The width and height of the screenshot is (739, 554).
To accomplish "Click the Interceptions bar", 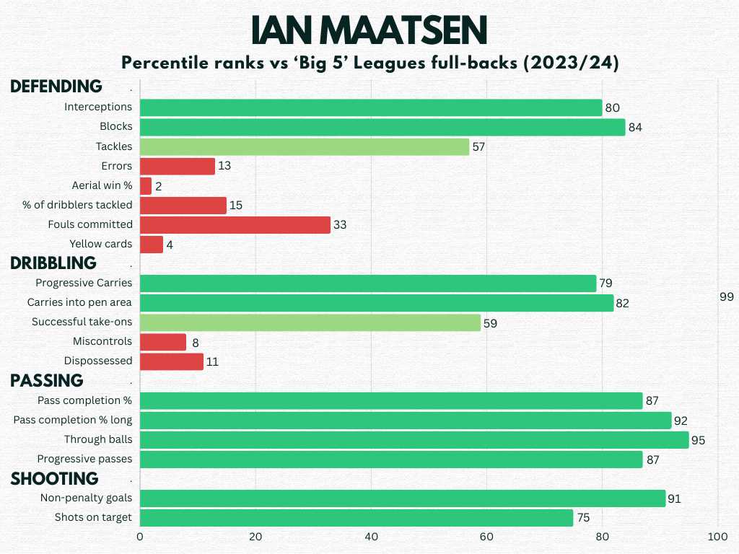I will click(x=371, y=107).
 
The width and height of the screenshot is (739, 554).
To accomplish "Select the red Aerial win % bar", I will click(x=146, y=186).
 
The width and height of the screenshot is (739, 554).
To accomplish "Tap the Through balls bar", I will click(x=414, y=440).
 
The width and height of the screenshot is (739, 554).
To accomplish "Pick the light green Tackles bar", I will click(x=305, y=147).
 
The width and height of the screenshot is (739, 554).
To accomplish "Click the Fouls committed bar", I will click(x=235, y=225).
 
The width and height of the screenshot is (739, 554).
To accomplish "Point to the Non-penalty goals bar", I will click(x=403, y=498).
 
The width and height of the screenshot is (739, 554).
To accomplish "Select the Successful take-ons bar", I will click(x=310, y=322).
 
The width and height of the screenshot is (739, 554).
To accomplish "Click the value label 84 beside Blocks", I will click(x=635, y=128).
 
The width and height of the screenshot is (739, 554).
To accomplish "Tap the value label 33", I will click(x=340, y=225).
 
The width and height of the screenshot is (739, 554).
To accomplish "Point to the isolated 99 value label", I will click(x=727, y=297).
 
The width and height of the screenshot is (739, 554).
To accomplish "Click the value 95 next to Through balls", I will click(x=698, y=441).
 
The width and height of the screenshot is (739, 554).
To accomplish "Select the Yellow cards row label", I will click(x=101, y=244).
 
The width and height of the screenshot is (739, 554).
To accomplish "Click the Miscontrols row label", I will click(x=102, y=341).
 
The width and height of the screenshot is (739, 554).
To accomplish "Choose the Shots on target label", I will click(x=93, y=517).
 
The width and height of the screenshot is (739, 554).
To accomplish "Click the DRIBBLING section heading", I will click(x=53, y=262).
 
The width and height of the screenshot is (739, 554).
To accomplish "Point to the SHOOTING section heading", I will click(x=54, y=478).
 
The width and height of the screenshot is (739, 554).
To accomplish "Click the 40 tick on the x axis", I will click(x=371, y=537).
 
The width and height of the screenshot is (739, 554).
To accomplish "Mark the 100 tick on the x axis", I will click(x=717, y=537).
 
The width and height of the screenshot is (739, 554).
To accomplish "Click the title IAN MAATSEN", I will click(x=369, y=30).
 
